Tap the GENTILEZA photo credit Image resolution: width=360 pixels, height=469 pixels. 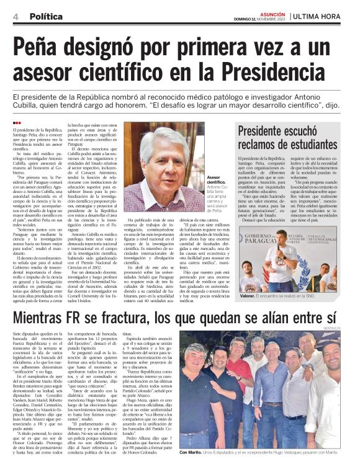tap(348, 329)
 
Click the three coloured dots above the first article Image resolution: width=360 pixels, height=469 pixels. tap(17, 123)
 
